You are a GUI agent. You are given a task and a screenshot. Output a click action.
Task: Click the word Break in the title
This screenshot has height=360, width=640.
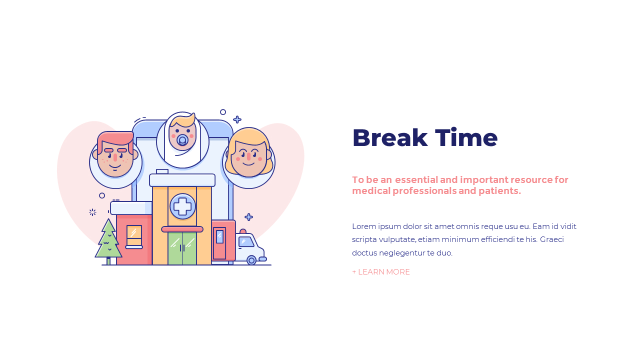click(389, 138)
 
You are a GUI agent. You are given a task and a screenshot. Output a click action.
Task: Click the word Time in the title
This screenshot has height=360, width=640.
click(466, 138)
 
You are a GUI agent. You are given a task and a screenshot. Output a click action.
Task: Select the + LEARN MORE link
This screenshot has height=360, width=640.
click(381, 272)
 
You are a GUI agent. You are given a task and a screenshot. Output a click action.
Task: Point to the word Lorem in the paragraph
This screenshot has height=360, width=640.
click(363, 226)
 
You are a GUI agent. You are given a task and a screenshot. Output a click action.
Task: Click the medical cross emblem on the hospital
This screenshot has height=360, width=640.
click(182, 206)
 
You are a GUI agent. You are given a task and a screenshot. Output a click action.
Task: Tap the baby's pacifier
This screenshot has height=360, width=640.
click(182, 140)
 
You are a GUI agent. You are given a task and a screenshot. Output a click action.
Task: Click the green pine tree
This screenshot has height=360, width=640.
click(108, 240)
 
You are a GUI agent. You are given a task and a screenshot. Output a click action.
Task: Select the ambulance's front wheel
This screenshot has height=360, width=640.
click(251, 260)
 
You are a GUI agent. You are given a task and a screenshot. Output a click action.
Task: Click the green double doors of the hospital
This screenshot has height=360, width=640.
click(182, 248)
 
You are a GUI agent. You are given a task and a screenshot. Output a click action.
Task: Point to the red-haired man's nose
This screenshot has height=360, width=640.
click(115, 157)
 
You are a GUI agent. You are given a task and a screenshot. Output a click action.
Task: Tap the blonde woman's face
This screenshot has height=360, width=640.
click(248, 157)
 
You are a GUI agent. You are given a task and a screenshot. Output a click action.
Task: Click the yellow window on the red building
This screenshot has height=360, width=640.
click(134, 235)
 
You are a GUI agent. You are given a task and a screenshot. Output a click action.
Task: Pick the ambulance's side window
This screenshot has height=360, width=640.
click(245, 241)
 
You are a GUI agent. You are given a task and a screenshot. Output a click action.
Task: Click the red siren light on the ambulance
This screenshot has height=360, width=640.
click(243, 231)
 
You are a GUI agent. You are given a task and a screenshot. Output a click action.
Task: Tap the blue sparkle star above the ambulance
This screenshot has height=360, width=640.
click(248, 217)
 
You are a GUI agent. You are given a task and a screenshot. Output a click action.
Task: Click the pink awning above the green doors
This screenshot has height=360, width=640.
click(182, 229)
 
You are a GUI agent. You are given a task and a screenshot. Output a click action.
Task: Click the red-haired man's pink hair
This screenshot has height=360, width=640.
click(115, 138)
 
